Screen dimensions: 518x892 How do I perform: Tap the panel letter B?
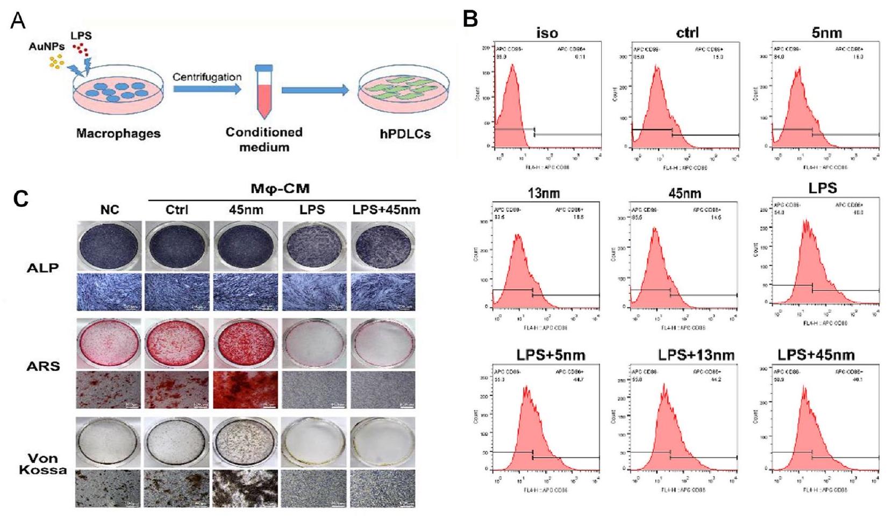pyautogui.click(x=470, y=19)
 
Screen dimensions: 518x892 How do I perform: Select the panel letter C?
pyautogui.click(x=21, y=199)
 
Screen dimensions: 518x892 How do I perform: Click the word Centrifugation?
pyautogui.click(x=207, y=77)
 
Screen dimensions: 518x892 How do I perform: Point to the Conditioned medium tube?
pyautogui.click(x=264, y=91)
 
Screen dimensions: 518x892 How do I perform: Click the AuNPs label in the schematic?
pyautogui.click(x=46, y=46)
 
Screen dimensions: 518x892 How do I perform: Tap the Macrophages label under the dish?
pyautogui.click(x=118, y=133)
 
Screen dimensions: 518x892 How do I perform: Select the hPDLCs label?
pyautogui.click(x=405, y=134)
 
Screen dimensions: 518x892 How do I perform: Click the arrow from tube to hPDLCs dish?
pyautogui.click(x=315, y=90)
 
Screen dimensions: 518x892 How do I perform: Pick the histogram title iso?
pyautogui.click(x=547, y=33)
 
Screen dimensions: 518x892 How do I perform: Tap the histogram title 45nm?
pyautogui.click(x=684, y=193)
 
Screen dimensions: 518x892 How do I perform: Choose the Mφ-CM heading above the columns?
pyautogui.click(x=280, y=189)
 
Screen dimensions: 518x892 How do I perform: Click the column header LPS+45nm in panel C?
pyautogui.click(x=386, y=210)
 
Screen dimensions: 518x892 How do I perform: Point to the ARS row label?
pyautogui.click(x=43, y=366)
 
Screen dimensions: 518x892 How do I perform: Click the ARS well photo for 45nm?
pyautogui.click(x=246, y=343)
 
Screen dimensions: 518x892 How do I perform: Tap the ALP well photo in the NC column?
pyautogui.click(x=109, y=246)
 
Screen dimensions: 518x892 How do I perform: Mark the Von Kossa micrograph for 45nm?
pyautogui.click(x=246, y=488)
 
